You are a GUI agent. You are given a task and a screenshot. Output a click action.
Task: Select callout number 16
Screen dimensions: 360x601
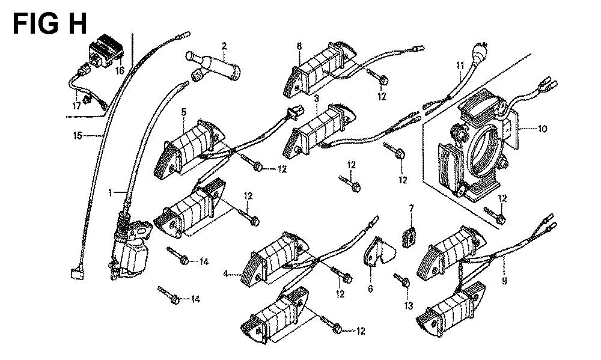pos(118,71)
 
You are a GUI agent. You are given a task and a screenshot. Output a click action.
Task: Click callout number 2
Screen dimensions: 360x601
pos(224,46)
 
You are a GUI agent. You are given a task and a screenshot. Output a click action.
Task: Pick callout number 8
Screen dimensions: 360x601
pos(299,46)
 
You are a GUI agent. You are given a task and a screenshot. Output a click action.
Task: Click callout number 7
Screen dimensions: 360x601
pos(412,208)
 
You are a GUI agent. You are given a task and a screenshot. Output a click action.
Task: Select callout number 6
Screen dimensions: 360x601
pos(370,289)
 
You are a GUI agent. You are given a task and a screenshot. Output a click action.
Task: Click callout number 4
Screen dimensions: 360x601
pos(225,274)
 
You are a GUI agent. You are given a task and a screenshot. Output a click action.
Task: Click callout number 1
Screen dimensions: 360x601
pos(110,193)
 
